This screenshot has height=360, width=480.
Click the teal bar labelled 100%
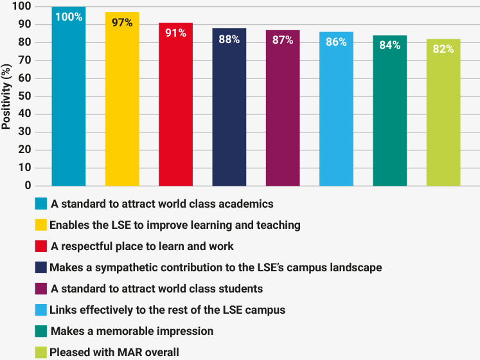[x=69, y=96]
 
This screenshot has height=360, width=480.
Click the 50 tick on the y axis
[x=25, y=96]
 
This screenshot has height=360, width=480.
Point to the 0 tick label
[x=28, y=186]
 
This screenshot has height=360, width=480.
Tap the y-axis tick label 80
[x=25, y=42]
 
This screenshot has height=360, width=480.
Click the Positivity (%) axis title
[x=7, y=96]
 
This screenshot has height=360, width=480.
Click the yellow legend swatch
[x=41, y=225]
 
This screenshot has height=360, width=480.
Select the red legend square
[x=41, y=246]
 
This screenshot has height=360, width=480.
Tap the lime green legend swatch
[x=41, y=352]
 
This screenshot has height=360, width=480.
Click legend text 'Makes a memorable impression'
[x=132, y=331]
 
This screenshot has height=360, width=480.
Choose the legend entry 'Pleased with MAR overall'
[x=114, y=352]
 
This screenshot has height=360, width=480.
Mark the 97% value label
[x=122, y=22]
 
